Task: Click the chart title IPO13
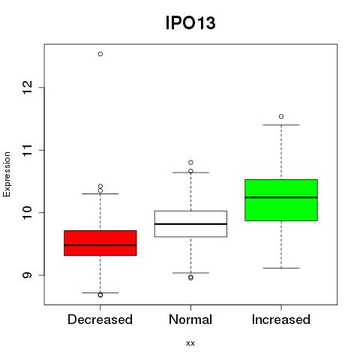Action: pos(190,22)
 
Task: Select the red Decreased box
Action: pos(100,243)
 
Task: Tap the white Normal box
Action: pos(190,223)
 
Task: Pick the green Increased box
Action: pos(281,200)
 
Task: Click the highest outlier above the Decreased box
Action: pos(100,54)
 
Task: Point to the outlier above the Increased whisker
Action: pos(281,116)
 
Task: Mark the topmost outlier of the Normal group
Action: pos(190,163)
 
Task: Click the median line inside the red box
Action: pos(100,245)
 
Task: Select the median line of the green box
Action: pos(281,197)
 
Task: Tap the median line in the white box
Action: pos(190,224)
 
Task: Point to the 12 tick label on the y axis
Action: pos(28,87)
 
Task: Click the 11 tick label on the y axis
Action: pos(28,150)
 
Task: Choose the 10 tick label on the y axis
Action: pos(28,212)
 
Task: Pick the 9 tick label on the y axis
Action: pos(28,275)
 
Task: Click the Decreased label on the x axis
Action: pos(100,319)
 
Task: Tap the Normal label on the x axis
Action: pos(190,319)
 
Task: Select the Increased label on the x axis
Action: pos(281,319)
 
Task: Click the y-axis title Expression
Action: pos(7,175)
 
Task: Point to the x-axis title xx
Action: pos(190,343)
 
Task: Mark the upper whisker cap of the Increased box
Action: pos(281,124)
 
